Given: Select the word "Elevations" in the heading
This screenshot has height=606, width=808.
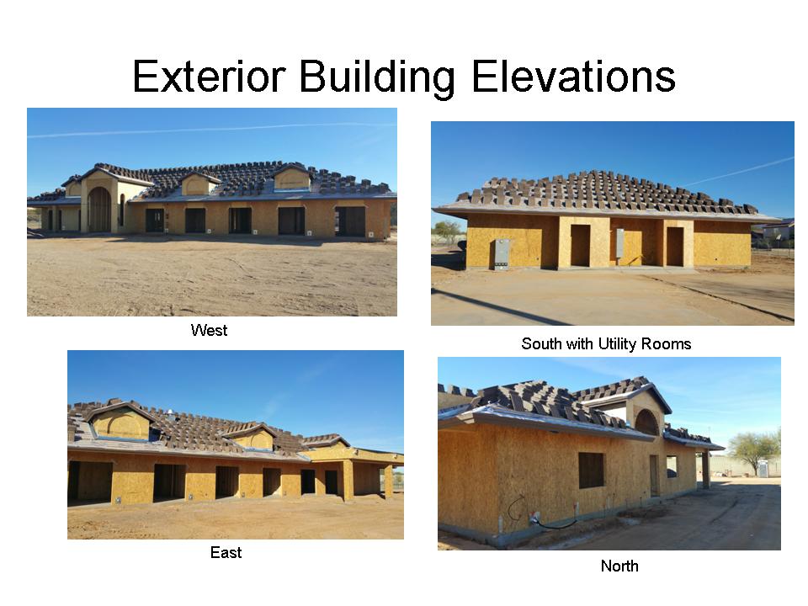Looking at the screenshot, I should (x=573, y=77).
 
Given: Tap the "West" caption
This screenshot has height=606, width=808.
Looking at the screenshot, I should (x=209, y=331).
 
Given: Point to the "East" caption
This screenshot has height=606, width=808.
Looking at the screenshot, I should (x=226, y=553).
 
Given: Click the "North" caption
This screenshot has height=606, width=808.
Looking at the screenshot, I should (x=619, y=566).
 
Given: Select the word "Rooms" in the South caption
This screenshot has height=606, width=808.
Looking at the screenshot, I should (x=666, y=343).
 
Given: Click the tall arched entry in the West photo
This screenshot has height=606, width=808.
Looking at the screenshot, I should (x=98, y=210).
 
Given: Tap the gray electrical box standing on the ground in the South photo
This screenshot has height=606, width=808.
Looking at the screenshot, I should (x=502, y=254).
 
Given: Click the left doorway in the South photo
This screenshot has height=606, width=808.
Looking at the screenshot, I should (x=580, y=246).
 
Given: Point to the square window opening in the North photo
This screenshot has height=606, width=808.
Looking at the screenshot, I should (x=591, y=470).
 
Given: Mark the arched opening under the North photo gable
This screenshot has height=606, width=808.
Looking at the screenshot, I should (x=646, y=423).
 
